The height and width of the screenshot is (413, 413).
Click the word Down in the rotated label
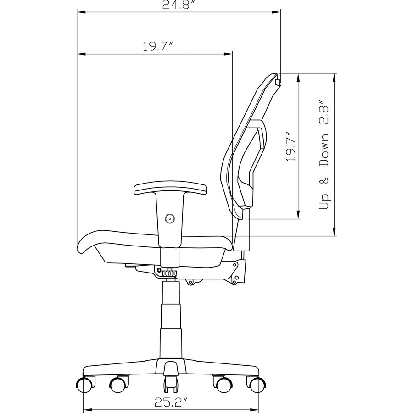(324, 151)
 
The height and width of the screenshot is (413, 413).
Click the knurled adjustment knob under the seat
(169, 273)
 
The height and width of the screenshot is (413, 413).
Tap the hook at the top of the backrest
(277, 82)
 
